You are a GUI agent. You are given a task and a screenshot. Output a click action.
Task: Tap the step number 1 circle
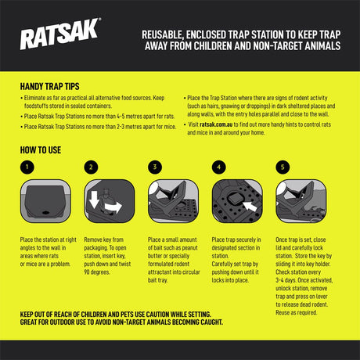click(27, 167)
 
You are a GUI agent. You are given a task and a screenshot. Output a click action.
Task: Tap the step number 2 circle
click(91, 167)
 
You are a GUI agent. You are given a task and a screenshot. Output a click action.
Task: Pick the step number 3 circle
click(154, 167)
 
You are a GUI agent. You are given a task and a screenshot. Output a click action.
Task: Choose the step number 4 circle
click(218, 167)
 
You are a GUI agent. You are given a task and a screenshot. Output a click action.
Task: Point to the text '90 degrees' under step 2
click(103, 272)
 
